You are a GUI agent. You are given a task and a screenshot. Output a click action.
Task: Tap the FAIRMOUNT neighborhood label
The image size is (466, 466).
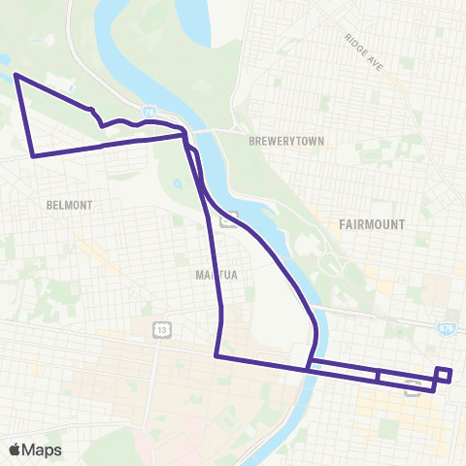click(372, 224)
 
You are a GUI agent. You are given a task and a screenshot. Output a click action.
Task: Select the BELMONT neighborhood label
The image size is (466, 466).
click(68, 205)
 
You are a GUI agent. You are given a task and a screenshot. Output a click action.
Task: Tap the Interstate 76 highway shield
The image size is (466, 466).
click(148, 113)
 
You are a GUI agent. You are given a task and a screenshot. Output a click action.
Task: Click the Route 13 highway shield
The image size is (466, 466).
click(160, 332)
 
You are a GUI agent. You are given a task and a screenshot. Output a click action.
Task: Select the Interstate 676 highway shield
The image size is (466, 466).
click(446, 330)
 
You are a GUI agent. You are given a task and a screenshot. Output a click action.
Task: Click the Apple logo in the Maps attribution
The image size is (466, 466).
click(16, 449)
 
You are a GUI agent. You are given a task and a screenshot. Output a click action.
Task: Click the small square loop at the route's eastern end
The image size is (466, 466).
click(444, 375)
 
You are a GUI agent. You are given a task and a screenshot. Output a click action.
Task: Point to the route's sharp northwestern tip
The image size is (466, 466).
click(16, 75)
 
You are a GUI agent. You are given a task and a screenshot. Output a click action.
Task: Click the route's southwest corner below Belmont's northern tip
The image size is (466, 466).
click(34, 155)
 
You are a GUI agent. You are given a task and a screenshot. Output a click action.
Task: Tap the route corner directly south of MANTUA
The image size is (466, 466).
click(216, 356)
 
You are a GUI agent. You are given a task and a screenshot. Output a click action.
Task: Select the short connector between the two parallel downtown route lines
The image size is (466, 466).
click(377, 376)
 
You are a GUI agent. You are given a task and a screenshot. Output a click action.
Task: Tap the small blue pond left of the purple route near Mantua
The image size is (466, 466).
click(177, 183)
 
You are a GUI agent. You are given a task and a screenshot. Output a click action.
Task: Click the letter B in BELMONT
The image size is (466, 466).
click(48, 205)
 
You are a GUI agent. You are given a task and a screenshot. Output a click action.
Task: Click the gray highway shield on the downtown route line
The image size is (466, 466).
click(413, 387)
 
